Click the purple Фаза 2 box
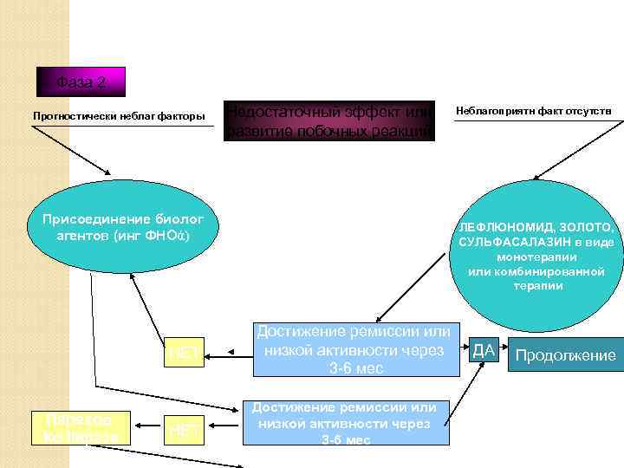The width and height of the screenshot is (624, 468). coord(81,83)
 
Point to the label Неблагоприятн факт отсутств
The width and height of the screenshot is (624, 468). coord(534,111)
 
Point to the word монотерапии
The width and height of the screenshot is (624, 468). coord(536,257)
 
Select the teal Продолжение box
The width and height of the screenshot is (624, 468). coord(566,355)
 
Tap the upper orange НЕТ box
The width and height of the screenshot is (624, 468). coord(185,353)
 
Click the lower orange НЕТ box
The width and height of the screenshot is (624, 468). coord(184,428)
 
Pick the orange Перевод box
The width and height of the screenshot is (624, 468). coord(80,426)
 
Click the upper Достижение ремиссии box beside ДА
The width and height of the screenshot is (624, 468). coord(353,350)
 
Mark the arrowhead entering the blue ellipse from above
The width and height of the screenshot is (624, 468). coord(107,171)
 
